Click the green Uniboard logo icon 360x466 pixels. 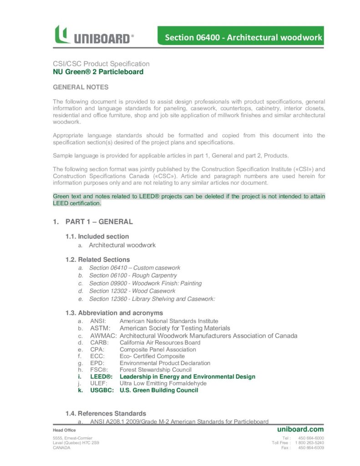coord(62,35)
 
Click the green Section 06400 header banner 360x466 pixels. coord(241,37)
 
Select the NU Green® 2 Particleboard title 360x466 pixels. coord(98,71)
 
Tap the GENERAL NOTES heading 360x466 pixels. coord(81,87)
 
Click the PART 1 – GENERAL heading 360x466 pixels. coord(99,222)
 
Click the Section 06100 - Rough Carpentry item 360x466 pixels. coord(133,275)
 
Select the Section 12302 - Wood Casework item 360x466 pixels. coord(132,291)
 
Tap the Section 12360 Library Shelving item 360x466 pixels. coord(152,299)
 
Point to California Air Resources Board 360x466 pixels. coord(160,342)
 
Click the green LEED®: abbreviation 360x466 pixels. coord(101,377)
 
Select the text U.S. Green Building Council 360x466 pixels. coord(159,390)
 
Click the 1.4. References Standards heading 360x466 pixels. coord(106,413)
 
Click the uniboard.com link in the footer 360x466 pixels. coord(300,429)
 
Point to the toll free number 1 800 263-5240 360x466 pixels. coord(309,442)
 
